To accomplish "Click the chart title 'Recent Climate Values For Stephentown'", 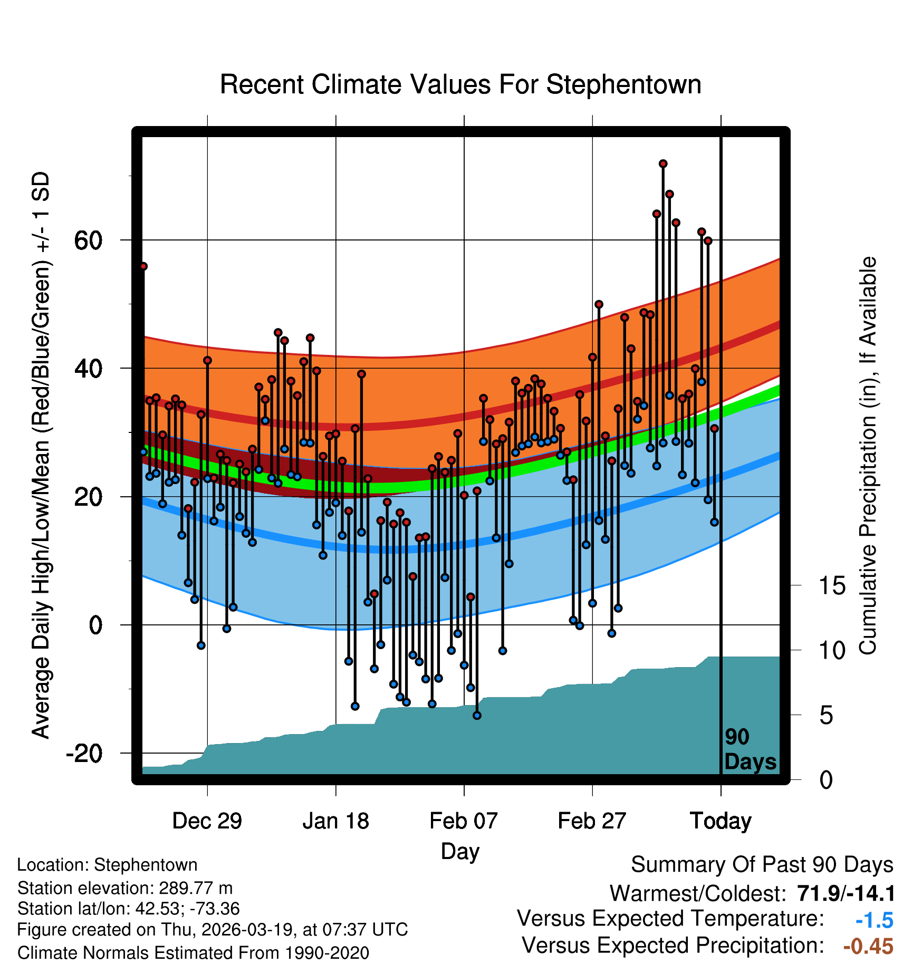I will coord(460,85).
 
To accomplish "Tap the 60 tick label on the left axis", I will coord(88,240).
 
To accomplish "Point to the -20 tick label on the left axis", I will coord(84,754).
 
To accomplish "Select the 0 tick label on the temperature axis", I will coord(95,625).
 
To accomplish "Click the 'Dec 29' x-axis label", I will coord(207,821).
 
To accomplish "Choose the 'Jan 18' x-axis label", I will coord(335,821).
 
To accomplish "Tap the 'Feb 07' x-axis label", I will coord(464,821).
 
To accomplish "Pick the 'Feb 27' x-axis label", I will coord(592,821).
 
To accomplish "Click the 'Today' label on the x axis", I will coord(721,821).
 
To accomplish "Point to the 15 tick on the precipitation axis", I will coord(832,586).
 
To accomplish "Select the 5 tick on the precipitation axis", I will coord(826,716).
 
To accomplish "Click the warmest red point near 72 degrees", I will coord(663,164).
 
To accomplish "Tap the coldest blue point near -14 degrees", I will coord(477,716).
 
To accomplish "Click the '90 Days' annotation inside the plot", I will coord(750,749).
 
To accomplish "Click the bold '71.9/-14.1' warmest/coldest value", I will coord(846,894).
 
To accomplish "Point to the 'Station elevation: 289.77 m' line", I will coord(125,888).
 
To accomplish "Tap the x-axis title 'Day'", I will coord(460,851).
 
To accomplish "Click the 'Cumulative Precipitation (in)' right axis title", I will coord(868,456).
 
